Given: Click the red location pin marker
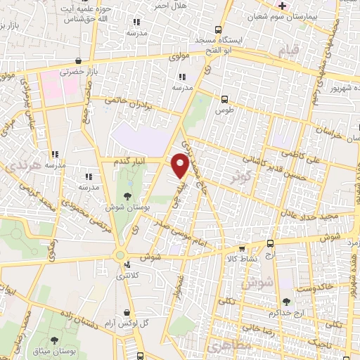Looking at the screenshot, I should click(x=181, y=165).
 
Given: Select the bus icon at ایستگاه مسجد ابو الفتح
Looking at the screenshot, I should click(x=218, y=30).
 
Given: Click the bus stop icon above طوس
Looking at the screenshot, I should click(x=224, y=99).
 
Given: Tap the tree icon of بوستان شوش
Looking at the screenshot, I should click(x=129, y=197).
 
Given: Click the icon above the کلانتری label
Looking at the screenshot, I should click(x=127, y=265).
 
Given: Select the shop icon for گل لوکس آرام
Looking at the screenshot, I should click(x=125, y=312).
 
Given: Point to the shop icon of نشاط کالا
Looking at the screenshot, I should click(x=241, y=248).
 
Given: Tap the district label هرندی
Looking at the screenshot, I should click(x=15, y=167).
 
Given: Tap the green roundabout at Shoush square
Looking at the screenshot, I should click(x=120, y=255).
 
